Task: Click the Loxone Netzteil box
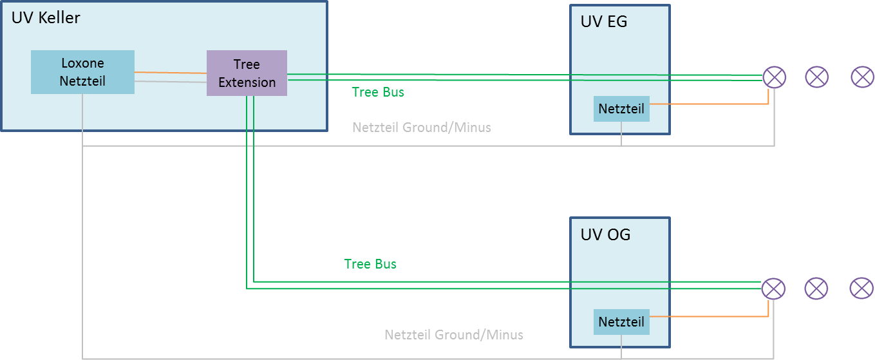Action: pos(82,72)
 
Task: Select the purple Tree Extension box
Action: pos(247,73)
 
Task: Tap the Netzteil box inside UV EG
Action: pos(621,109)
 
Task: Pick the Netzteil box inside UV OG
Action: pos(621,321)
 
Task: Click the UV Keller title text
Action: pos(46,17)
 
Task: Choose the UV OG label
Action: pos(605,234)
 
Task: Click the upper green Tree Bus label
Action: pos(378,92)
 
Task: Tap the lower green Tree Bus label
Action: pos(370,264)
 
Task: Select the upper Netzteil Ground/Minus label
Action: pos(421,128)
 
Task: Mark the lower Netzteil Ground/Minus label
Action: pos(453,335)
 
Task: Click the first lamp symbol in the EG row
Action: pos(774,77)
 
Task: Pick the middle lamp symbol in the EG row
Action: pos(817,77)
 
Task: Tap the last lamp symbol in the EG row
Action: pos(863,77)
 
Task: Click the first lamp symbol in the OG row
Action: pos(773,289)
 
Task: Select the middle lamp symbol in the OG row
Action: pos(816,289)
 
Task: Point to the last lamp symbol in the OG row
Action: pos(861,289)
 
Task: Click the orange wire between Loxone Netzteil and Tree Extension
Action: pos(171,73)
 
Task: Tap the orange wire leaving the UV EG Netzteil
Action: pos(708,104)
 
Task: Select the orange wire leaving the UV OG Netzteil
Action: pos(708,316)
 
